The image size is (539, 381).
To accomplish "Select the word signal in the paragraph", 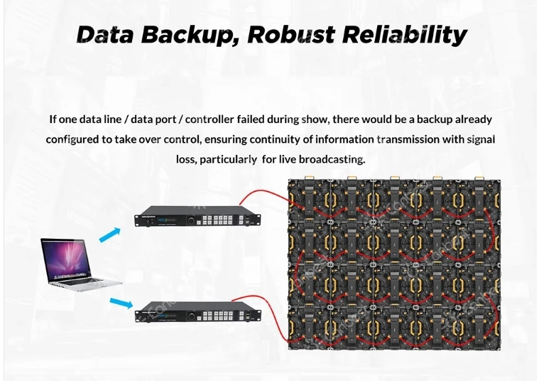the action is (x=480, y=139).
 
